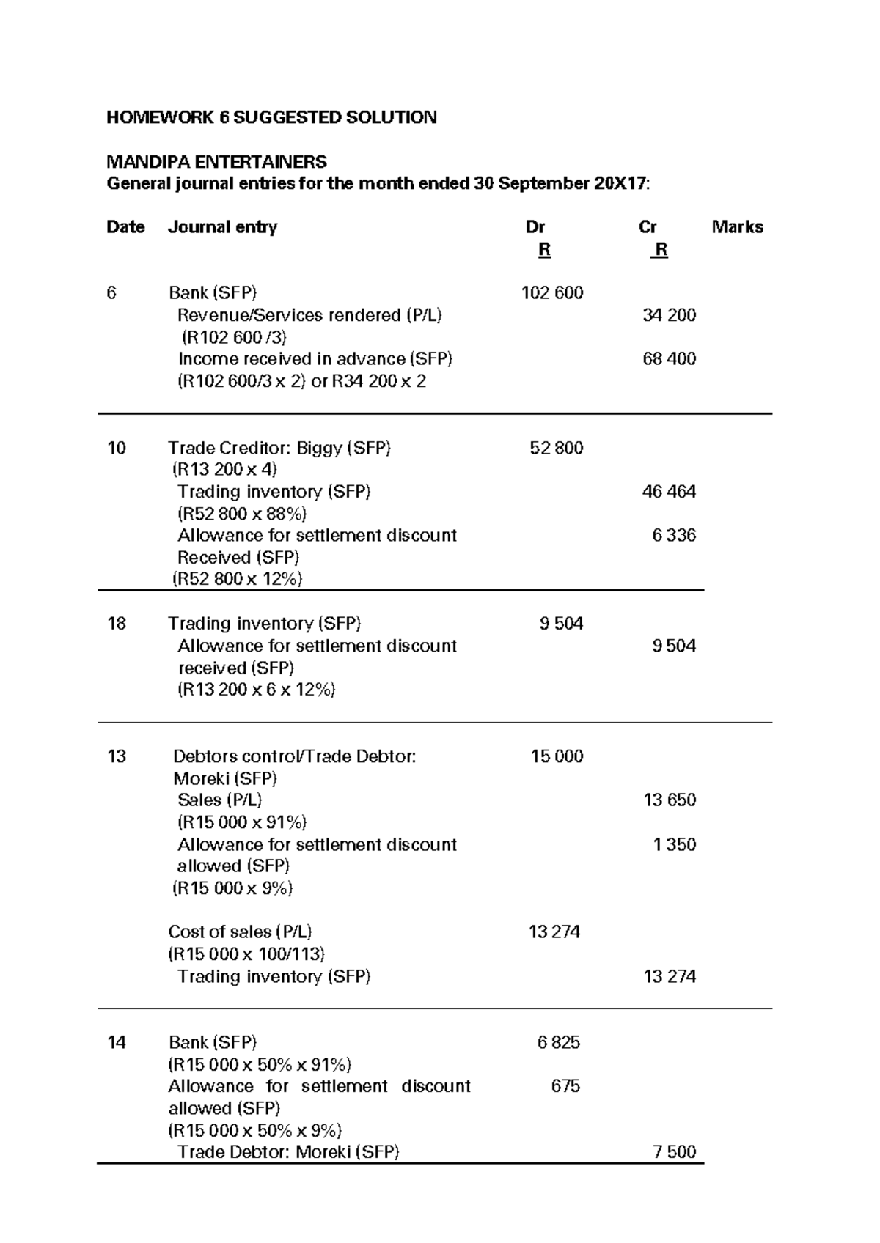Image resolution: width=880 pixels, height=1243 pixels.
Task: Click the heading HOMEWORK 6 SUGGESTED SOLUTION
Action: (x=271, y=117)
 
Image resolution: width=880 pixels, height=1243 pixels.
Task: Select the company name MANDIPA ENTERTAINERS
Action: (x=216, y=161)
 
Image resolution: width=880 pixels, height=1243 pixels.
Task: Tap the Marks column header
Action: (x=737, y=227)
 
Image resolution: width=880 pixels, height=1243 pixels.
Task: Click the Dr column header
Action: (x=535, y=227)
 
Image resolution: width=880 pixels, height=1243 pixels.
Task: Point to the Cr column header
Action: (x=648, y=227)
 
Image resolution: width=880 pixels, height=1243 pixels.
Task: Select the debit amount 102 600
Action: (x=552, y=293)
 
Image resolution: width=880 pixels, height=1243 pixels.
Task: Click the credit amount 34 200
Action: (x=669, y=315)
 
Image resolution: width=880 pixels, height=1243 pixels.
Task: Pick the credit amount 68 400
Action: (x=669, y=359)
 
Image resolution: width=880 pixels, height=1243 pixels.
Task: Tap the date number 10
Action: (x=117, y=448)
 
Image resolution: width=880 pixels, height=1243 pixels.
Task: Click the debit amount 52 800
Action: (x=557, y=448)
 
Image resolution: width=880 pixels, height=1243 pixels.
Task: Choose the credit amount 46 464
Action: (x=669, y=492)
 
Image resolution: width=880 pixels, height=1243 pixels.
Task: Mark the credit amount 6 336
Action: (x=674, y=536)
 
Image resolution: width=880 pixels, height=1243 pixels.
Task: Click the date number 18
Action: (x=117, y=624)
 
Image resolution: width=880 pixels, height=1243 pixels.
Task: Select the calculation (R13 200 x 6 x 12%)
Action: (x=257, y=690)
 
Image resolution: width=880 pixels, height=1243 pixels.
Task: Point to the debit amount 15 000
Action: (x=557, y=756)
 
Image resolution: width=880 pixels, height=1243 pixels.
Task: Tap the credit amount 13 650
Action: (x=669, y=800)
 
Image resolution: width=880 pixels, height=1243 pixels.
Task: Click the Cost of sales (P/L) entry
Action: (x=240, y=932)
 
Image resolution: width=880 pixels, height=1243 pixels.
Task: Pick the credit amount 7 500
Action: (x=674, y=1152)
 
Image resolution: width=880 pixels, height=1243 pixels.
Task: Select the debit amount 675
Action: (x=565, y=1086)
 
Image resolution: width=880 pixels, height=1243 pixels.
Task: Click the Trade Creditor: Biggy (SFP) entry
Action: (x=279, y=448)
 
